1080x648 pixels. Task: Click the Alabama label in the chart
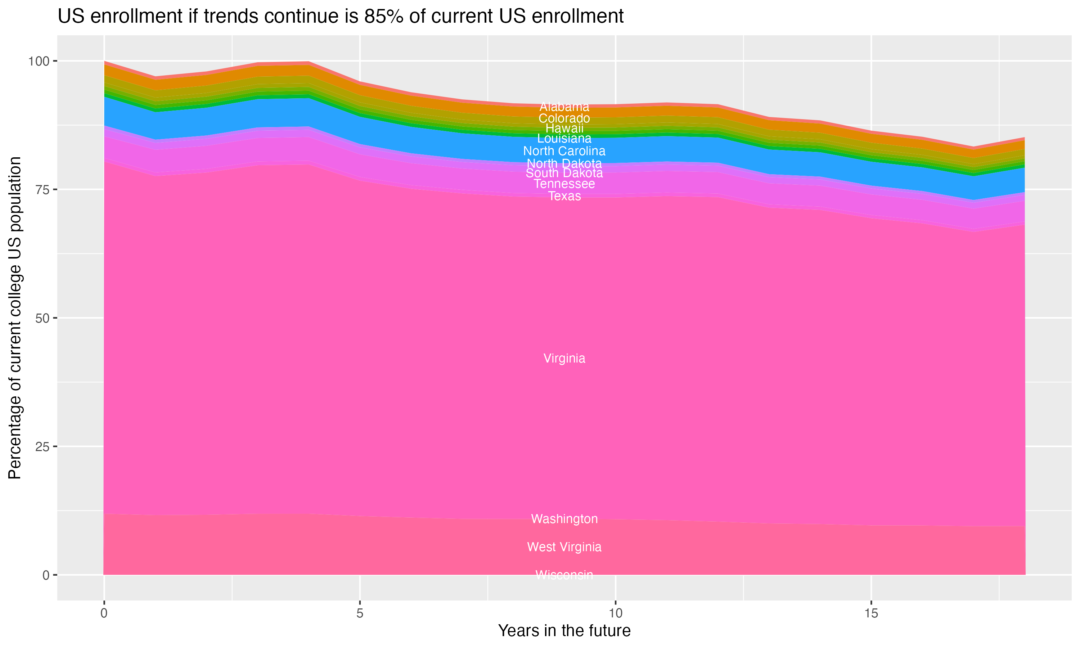tap(564, 107)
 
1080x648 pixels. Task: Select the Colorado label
tap(564, 118)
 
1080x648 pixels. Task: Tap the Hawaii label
tap(564, 129)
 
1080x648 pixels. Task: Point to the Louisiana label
tap(564, 139)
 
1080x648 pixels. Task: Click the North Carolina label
tap(564, 151)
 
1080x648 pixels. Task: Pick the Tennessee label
tap(564, 184)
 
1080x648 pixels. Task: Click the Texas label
tap(564, 196)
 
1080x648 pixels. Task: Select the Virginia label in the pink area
tap(564, 359)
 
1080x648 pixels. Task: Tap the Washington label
tap(564, 519)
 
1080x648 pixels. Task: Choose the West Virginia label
tap(564, 547)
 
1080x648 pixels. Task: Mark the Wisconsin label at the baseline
tap(564, 575)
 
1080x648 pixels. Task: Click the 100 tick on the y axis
tap(39, 61)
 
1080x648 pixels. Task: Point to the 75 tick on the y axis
tap(42, 189)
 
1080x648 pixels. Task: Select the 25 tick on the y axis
tap(42, 446)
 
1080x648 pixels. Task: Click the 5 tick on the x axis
tap(360, 613)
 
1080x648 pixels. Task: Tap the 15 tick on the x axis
tap(871, 613)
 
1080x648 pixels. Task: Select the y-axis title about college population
tap(15, 318)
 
